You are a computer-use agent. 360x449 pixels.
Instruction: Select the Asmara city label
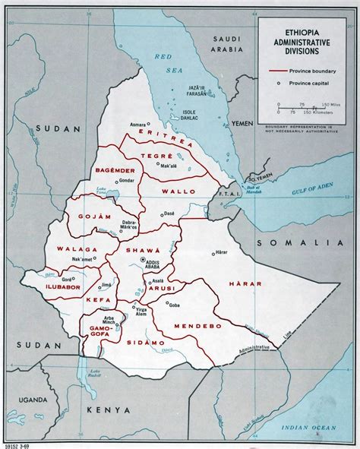pos(137,123)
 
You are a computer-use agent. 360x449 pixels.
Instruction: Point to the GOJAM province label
pos(87,217)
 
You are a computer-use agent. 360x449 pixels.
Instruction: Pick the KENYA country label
pos(108,410)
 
